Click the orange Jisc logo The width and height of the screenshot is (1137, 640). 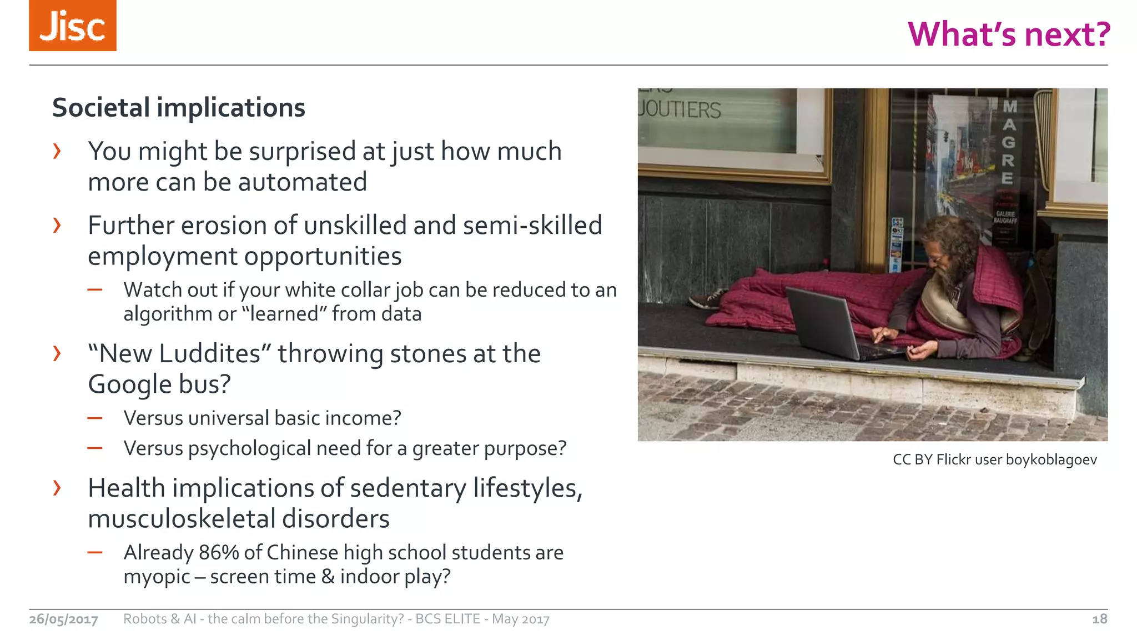coord(73,26)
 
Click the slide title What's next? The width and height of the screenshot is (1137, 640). coord(1008,34)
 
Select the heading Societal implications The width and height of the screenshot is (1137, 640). coord(178,108)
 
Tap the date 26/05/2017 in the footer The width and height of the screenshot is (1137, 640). coord(63,619)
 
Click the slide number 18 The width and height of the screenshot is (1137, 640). coord(1099,619)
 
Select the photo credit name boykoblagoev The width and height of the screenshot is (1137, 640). coord(1051,460)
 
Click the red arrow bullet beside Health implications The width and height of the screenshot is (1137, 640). coord(57,488)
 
